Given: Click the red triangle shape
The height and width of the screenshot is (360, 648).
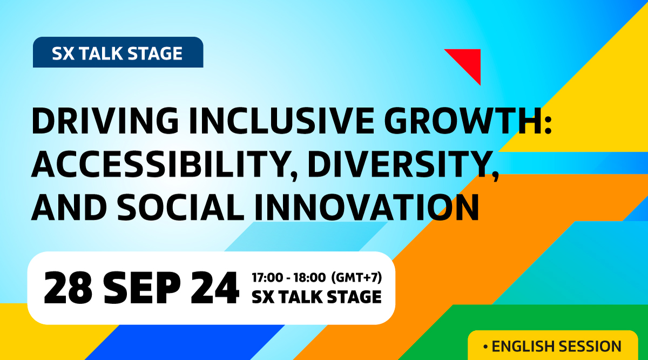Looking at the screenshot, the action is pyautogui.click(x=469, y=62).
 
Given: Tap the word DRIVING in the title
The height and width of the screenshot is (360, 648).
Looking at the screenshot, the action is pyautogui.click(x=105, y=120).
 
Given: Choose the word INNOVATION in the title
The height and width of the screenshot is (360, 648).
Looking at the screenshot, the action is pyautogui.click(x=367, y=207).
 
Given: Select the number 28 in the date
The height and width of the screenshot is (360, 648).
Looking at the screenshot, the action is pyautogui.click(x=68, y=288).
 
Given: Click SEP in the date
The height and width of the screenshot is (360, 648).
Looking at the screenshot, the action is pyautogui.click(x=142, y=288).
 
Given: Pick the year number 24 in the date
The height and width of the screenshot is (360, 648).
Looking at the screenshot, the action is pyautogui.click(x=215, y=288).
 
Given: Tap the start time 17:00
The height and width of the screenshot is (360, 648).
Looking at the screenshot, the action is pyautogui.click(x=267, y=277).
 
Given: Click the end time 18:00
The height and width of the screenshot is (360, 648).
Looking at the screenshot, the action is pyautogui.click(x=309, y=277).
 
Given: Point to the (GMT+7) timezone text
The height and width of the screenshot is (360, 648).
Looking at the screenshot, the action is pyautogui.click(x=356, y=277).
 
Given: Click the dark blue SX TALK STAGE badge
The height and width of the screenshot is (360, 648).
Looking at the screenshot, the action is pyautogui.click(x=118, y=52).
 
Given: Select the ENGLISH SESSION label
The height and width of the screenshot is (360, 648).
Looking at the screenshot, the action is pyautogui.click(x=557, y=347).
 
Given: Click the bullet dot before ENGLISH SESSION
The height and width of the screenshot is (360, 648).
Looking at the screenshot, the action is pyautogui.click(x=485, y=347).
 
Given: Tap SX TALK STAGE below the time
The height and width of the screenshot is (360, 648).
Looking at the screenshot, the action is pyautogui.click(x=316, y=297).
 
